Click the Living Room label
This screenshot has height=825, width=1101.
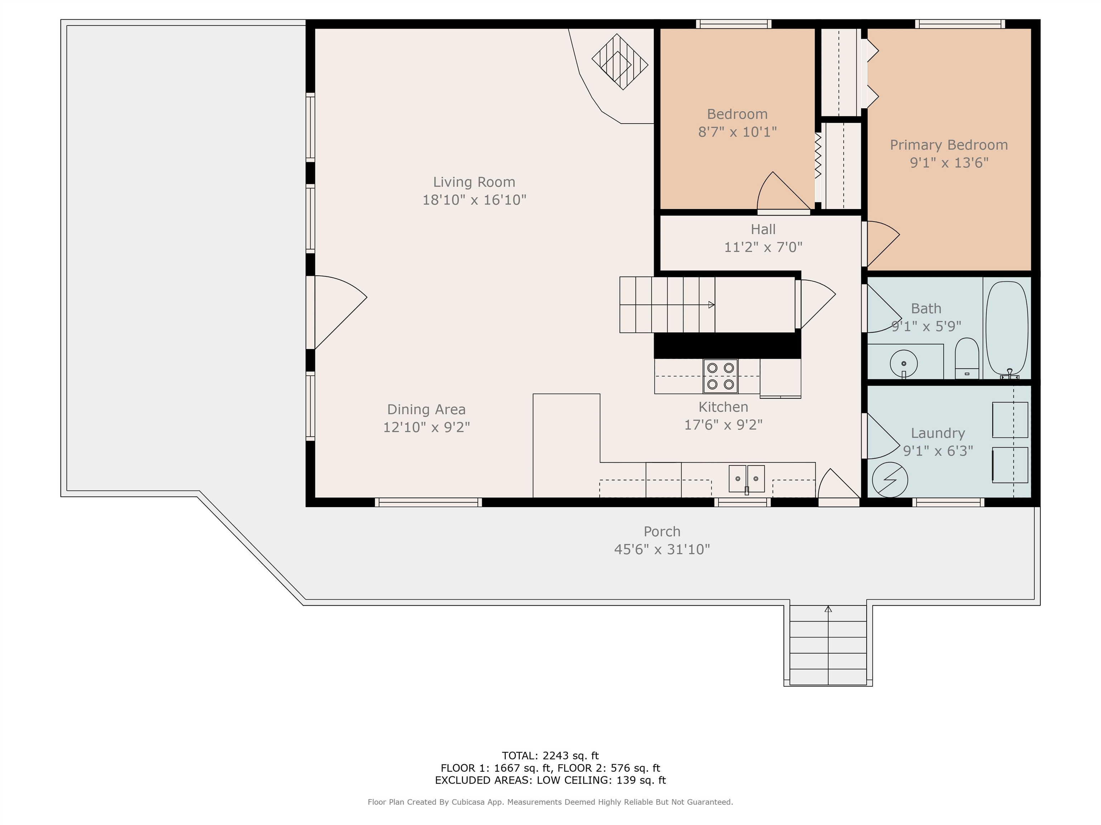point(474,182)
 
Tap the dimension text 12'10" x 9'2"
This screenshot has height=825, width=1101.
point(426,427)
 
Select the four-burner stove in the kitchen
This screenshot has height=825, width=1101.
point(720,376)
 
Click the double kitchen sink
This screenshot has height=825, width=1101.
point(746,479)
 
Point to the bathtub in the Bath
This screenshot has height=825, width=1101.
point(1006,328)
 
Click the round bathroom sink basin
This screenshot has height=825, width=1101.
point(904,363)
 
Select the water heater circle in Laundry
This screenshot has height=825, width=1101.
point(890,480)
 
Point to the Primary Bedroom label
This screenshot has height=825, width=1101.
point(949,145)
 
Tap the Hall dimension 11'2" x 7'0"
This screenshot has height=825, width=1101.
point(763,247)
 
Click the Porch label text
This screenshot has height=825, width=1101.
point(662,532)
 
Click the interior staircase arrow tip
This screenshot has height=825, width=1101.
point(712,305)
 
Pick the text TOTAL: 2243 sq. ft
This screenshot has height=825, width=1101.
point(550,756)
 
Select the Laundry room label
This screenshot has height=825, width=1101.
point(938,433)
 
